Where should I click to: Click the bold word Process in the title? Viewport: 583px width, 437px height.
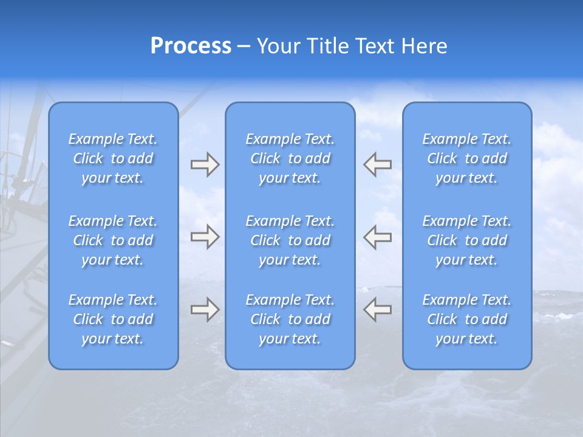pyautogui.click(x=191, y=46)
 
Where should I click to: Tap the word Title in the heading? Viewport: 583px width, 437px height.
pyautogui.click(x=330, y=46)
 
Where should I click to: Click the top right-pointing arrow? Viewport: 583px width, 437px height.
pyautogui.click(x=205, y=164)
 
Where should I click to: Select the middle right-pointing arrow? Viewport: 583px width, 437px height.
pyautogui.click(x=205, y=237)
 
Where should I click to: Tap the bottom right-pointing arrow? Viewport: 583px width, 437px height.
pyautogui.click(x=205, y=310)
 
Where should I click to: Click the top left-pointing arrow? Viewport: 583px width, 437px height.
pyautogui.click(x=378, y=164)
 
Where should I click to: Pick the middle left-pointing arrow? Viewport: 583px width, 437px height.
pyautogui.click(x=378, y=237)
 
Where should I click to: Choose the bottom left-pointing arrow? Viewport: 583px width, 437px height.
pyautogui.click(x=378, y=310)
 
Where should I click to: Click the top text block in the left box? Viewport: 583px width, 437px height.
pyautogui.click(x=113, y=158)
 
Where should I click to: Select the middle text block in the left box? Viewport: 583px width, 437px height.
pyautogui.click(x=113, y=240)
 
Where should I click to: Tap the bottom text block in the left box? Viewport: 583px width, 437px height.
pyautogui.click(x=113, y=319)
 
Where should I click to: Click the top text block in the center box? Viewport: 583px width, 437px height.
pyautogui.click(x=290, y=158)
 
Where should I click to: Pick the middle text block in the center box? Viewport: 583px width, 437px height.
pyautogui.click(x=290, y=240)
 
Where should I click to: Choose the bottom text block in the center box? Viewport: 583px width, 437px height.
pyautogui.click(x=290, y=319)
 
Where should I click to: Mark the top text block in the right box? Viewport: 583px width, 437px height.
pyautogui.click(x=467, y=158)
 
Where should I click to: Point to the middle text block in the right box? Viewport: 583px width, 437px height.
pyautogui.click(x=467, y=240)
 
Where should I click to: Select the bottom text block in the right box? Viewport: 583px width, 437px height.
pyautogui.click(x=467, y=319)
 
